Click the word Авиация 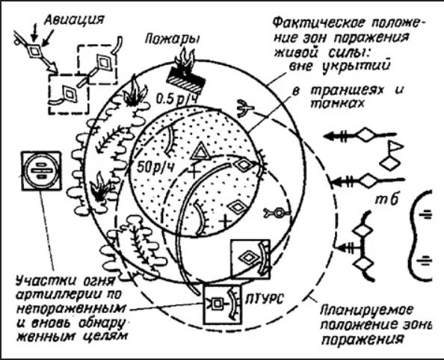pos(75,19)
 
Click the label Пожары pos(172,39)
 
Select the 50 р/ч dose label pos(155,167)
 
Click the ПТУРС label pos(263,299)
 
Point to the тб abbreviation pos(386,199)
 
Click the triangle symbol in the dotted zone pos(201,151)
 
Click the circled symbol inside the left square pos(41,170)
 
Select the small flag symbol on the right pos(396,147)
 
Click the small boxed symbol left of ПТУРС pos(217,303)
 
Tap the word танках pos(337,105)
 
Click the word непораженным pos(70,308)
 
